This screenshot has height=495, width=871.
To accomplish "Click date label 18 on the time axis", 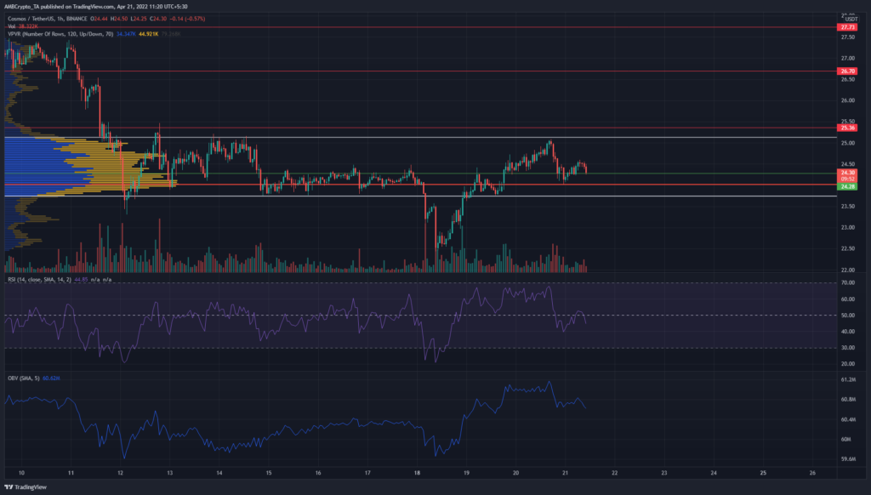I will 417,473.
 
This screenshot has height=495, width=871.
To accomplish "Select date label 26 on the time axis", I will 813,473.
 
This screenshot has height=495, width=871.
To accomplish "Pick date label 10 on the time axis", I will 21,473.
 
